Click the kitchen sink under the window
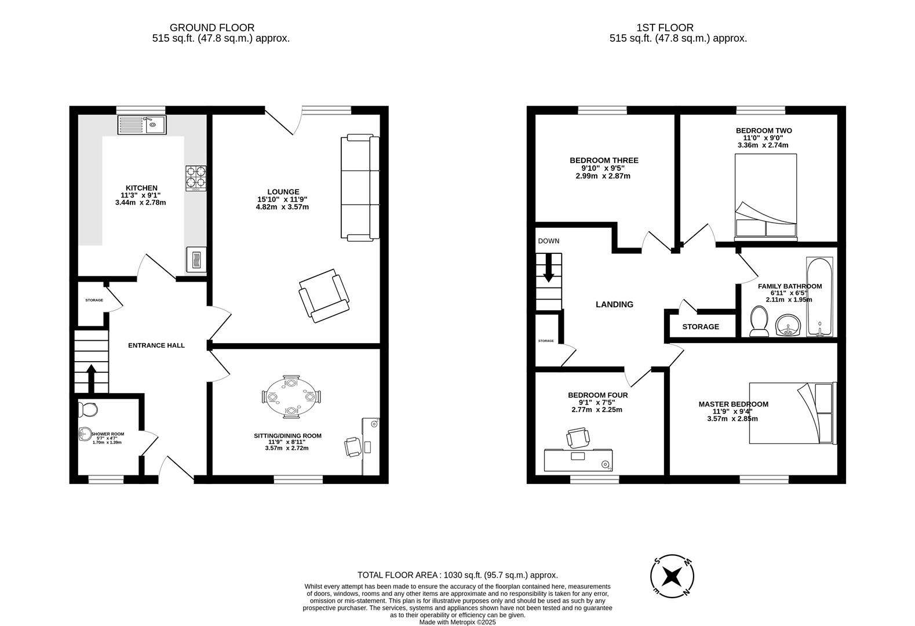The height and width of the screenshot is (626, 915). [x=142, y=125]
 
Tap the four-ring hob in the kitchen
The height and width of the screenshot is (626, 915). [x=196, y=178]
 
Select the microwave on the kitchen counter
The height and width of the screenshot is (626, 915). [x=196, y=259]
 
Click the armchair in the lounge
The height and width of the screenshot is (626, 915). [x=324, y=295]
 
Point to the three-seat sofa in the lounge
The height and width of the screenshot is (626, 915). [x=360, y=187]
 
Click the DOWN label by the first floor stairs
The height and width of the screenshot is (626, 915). [x=548, y=241]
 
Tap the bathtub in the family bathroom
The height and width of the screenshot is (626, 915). [x=819, y=297]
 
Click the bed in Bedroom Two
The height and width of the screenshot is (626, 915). [x=765, y=197]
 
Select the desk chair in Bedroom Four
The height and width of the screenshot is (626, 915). [x=578, y=437]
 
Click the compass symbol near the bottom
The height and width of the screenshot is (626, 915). [x=672, y=577]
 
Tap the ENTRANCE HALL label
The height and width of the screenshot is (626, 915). [x=156, y=345]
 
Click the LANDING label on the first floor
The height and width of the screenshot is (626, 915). [x=614, y=304]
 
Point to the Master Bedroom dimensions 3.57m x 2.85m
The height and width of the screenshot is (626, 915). [x=732, y=418]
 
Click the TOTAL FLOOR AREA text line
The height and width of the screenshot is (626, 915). [x=457, y=575]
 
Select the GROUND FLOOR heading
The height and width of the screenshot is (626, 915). [x=212, y=27]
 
